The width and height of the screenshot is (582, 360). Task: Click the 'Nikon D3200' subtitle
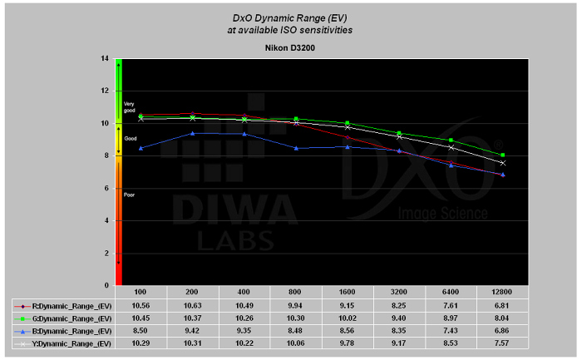289,48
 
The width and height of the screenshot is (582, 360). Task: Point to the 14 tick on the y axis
104,58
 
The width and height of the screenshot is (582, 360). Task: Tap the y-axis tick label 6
105,188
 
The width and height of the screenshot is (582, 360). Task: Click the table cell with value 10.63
193,305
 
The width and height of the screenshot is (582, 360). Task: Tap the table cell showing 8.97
451,318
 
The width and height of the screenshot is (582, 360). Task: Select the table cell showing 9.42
193,330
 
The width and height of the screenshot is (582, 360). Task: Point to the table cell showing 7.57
502,343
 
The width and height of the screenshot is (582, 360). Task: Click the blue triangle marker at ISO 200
193,133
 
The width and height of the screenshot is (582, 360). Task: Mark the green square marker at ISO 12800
502,155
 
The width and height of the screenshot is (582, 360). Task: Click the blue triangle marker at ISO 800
296,148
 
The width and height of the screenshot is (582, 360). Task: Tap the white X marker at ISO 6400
451,147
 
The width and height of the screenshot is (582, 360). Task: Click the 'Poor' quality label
129,195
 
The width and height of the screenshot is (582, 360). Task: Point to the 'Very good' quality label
129,106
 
